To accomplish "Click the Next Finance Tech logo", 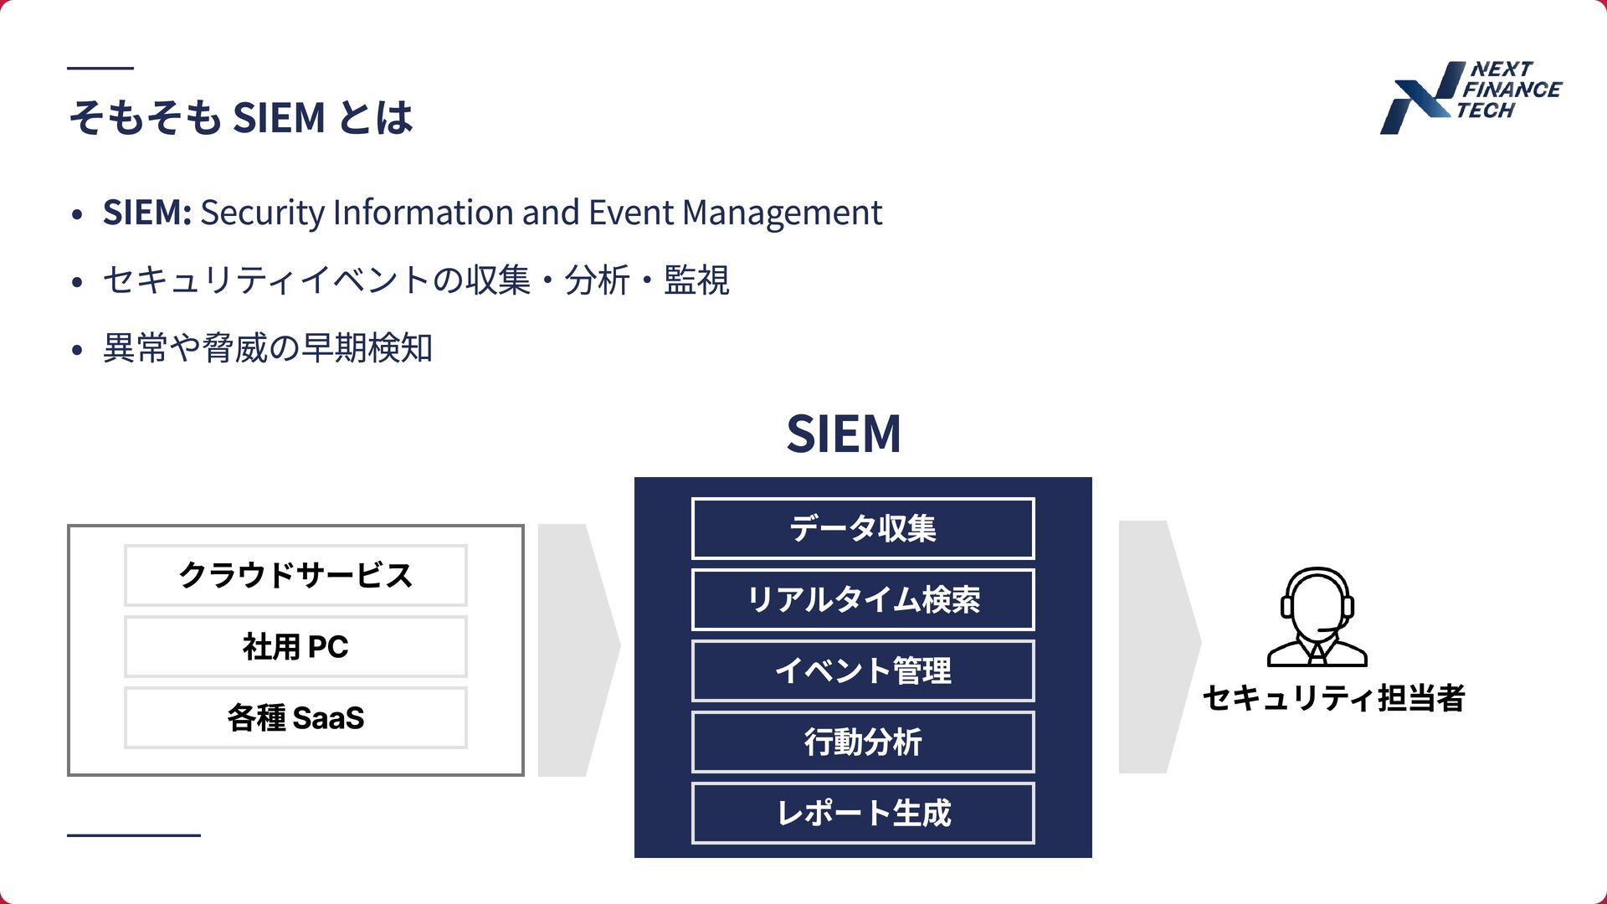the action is tap(1470, 96).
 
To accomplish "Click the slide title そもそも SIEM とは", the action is tap(241, 117).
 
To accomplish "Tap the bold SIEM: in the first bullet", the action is tap(147, 213).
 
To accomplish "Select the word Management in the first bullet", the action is tap(782, 213).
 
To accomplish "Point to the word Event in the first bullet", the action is tap(631, 213).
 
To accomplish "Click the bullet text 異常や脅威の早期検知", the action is tap(268, 348).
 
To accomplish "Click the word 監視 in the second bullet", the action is tap(696, 280).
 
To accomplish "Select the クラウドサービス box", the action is tap(295, 575).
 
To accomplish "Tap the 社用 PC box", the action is tap(295, 646).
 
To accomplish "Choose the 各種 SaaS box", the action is tap(295, 717).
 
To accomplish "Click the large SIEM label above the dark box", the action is tap(844, 434).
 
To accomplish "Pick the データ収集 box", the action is tap(863, 528).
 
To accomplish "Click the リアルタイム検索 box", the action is tap(863, 599).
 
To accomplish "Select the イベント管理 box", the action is tap(863, 670).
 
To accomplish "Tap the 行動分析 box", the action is tap(863, 742).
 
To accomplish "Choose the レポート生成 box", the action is tap(863, 813).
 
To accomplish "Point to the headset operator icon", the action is tap(1317, 617).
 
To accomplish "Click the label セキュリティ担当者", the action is tap(1333, 698).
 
